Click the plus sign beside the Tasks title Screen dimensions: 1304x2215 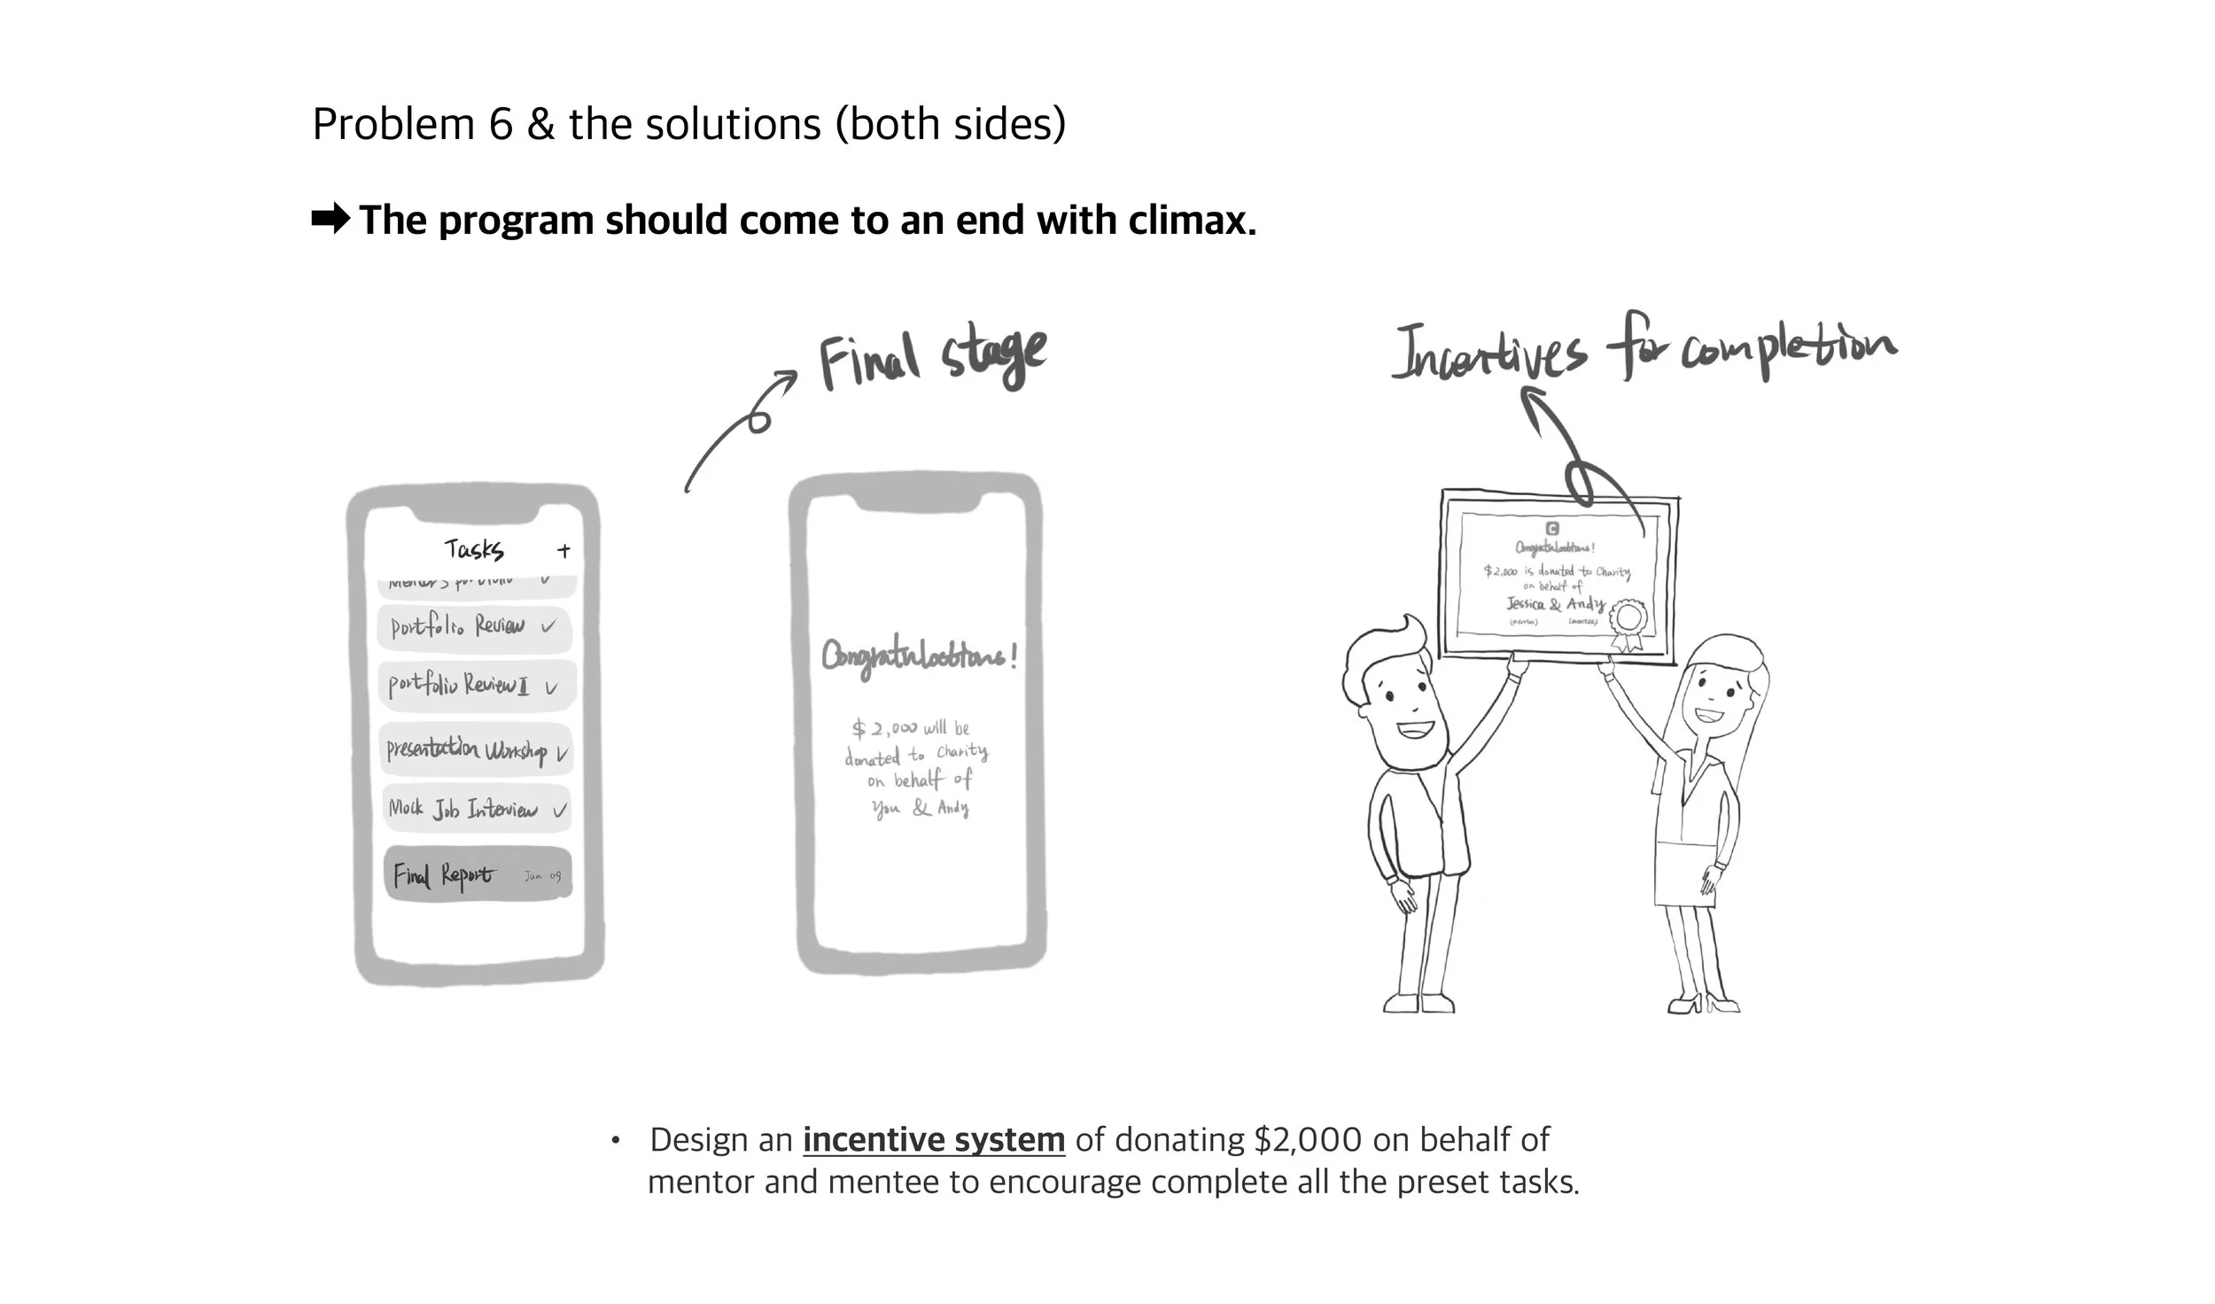tap(563, 551)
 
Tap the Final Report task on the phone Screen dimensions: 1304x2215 tap(478, 875)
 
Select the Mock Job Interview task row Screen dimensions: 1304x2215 tap(477, 809)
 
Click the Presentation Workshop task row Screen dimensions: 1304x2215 tap(477, 750)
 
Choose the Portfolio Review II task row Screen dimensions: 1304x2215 tap(477, 685)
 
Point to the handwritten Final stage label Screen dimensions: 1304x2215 tap(932, 358)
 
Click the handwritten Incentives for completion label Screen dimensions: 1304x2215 tap(1644, 350)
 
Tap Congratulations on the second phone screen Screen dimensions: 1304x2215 tap(919, 656)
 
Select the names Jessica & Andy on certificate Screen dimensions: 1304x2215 tap(1556, 604)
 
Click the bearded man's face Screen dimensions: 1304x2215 tap(1391, 700)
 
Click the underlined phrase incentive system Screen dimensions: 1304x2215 tap(934, 1139)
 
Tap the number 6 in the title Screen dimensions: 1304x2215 tap(501, 124)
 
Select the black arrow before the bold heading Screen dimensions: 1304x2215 tap(331, 219)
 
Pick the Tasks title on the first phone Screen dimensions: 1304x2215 tap(474, 549)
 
